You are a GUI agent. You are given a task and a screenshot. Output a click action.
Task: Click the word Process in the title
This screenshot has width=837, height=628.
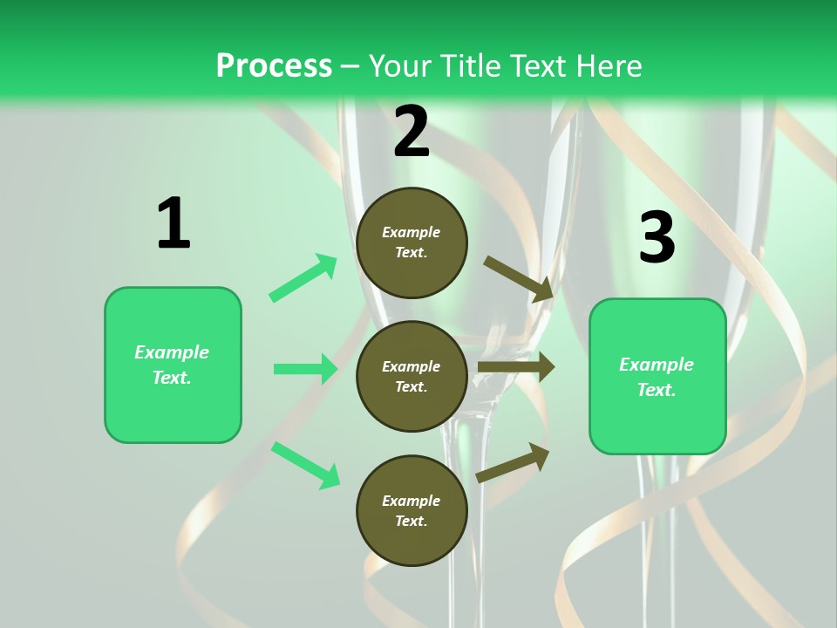click(274, 65)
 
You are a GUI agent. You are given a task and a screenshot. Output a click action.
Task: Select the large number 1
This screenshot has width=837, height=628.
click(174, 224)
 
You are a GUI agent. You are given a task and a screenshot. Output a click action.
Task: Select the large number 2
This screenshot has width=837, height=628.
click(412, 132)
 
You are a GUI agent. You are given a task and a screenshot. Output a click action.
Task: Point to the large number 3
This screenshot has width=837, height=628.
click(657, 237)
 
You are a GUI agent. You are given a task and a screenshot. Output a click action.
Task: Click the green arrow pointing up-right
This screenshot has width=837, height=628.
click(303, 277)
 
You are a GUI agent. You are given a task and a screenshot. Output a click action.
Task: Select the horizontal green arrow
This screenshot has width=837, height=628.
click(305, 369)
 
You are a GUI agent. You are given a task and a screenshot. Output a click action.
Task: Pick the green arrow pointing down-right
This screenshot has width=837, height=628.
click(306, 464)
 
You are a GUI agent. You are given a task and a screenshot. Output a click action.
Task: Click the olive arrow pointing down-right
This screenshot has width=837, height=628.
click(519, 278)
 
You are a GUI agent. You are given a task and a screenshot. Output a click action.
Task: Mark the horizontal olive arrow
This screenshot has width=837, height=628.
click(515, 367)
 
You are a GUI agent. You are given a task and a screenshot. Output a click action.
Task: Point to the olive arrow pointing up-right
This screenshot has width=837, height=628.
click(514, 461)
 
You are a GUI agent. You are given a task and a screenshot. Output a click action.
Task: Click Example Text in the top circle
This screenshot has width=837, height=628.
click(412, 242)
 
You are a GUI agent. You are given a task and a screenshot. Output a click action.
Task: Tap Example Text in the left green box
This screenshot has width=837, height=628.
click(172, 365)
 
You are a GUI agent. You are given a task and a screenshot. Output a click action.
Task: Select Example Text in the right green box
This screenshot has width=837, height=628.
click(657, 377)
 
